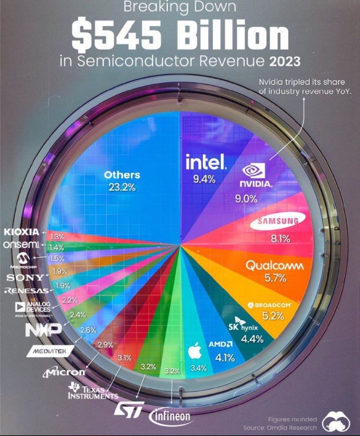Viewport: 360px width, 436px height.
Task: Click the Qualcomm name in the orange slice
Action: tap(274, 266)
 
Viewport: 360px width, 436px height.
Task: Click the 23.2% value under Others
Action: tap(122, 188)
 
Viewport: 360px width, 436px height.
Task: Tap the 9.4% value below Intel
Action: tap(204, 179)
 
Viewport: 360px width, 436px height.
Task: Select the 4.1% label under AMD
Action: tap(225, 358)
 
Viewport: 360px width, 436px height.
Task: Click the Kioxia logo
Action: tap(22, 232)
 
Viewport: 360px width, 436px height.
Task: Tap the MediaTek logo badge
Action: tap(50, 351)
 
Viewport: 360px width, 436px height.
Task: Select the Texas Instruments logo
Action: tap(93, 391)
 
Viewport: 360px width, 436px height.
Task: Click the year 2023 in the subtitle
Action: tap(285, 61)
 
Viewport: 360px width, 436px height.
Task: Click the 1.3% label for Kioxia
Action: tap(57, 237)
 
